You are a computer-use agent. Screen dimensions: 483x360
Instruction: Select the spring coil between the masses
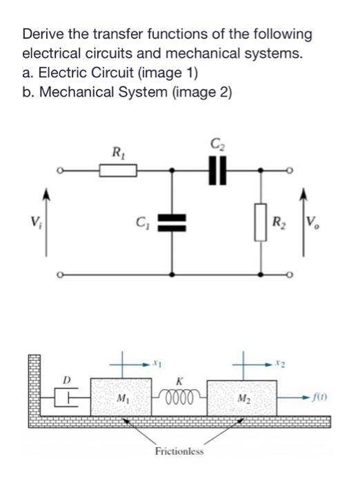[179, 397]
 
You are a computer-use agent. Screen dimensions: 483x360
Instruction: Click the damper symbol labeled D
[68, 397]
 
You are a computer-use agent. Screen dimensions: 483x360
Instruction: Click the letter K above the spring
[179, 381]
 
